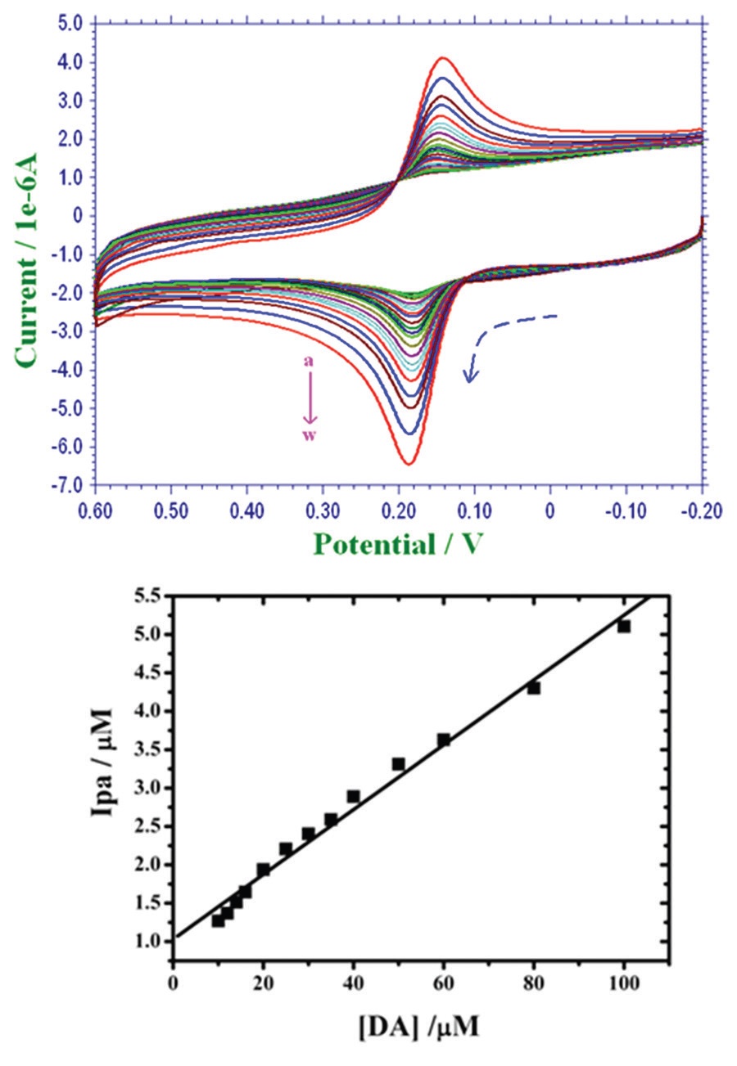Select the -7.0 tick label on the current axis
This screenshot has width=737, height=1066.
coord(69,485)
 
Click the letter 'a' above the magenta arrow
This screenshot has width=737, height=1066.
coord(310,361)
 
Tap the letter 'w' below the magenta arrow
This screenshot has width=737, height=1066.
coord(310,435)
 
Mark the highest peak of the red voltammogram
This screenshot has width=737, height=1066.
coord(443,58)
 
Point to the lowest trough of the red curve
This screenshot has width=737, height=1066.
coord(407,464)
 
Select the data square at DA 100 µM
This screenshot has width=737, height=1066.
coord(624,627)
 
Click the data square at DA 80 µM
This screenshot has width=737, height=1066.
coord(534,688)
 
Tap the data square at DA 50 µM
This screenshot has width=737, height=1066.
coord(399,764)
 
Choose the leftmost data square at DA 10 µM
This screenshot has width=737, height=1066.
coord(218,920)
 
